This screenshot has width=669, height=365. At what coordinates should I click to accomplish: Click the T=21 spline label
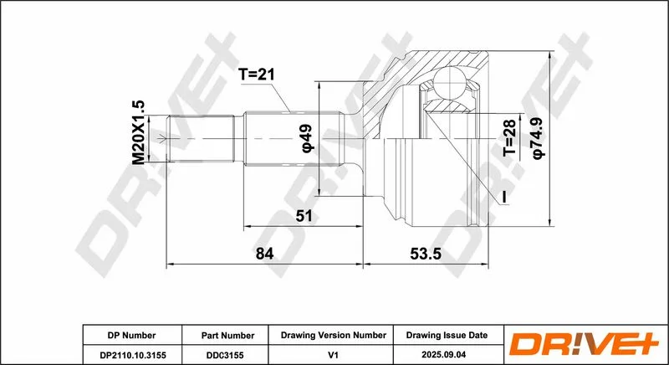click(x=257, y=75)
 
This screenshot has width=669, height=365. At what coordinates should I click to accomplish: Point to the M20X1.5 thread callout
click(x=139, y=133)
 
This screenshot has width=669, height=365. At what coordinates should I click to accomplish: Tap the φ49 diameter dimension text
click(x=307, y=138)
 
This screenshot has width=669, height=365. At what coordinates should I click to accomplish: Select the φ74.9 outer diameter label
click(x=539, y=139)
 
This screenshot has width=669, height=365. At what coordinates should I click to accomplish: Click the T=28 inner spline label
click(x=509, y=137)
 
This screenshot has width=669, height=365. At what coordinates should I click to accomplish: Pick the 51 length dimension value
click(x=304, y=216)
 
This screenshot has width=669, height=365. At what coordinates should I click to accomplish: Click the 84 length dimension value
click(x=264, y=254)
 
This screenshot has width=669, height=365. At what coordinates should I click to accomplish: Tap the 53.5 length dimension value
click(x=426, y=254)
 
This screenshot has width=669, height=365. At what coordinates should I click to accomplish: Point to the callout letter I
click(x=504, y=197)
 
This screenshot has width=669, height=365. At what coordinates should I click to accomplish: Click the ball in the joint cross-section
click(x=449, y=82)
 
